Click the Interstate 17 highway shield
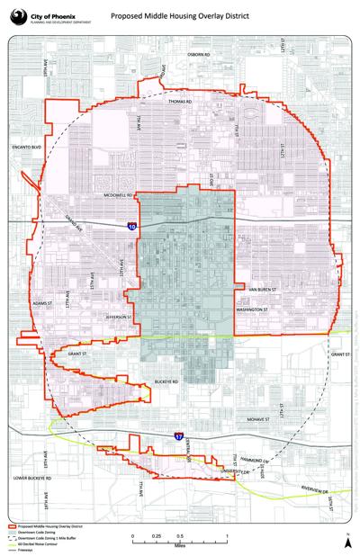click(x=178, y=436)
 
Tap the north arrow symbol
click(x=346, y=537)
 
